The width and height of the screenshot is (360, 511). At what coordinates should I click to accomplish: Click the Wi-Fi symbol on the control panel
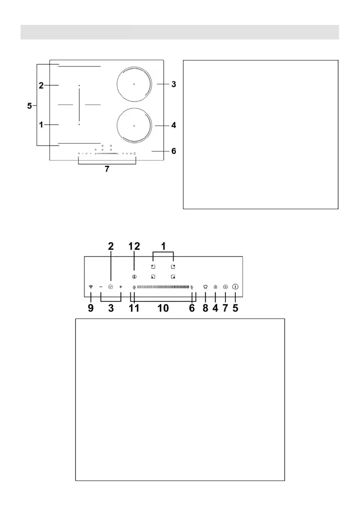click(90, 287)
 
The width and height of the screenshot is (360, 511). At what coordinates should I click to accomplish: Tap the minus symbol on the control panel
click(101, 287)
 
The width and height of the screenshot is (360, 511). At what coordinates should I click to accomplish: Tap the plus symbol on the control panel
click(121, 287)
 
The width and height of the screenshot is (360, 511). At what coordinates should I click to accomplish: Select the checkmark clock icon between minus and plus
click(111, 287)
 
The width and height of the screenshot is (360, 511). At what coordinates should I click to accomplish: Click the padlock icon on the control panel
click(215, 287)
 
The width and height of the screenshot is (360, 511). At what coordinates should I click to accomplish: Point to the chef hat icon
click(205, 287)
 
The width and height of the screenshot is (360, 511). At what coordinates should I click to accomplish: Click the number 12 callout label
click(134, 246)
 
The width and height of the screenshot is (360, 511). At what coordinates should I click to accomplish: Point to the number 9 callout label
click(91, 308)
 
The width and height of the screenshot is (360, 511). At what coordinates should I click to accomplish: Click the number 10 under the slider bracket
click(163, 308)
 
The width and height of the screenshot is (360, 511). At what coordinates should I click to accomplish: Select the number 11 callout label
click(135, 308)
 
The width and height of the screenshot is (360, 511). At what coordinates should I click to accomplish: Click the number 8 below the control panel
click(205, 308)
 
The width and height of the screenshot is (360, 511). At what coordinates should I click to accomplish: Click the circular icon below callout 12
click(134, 277)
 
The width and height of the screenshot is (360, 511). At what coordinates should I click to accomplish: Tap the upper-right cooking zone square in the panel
click(173, 267)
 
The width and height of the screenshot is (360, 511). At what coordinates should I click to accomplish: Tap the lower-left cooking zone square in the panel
click(153, 277)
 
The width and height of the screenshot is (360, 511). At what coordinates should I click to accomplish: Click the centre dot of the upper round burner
click(134, 84)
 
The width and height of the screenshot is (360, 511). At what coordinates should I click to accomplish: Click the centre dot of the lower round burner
click(134, 126)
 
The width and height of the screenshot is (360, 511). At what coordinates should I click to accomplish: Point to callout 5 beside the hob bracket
click(29, 105)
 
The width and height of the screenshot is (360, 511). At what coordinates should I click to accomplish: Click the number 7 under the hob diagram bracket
click(107, 169)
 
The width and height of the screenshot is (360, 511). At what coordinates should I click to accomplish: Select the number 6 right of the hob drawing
click(173, 151)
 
